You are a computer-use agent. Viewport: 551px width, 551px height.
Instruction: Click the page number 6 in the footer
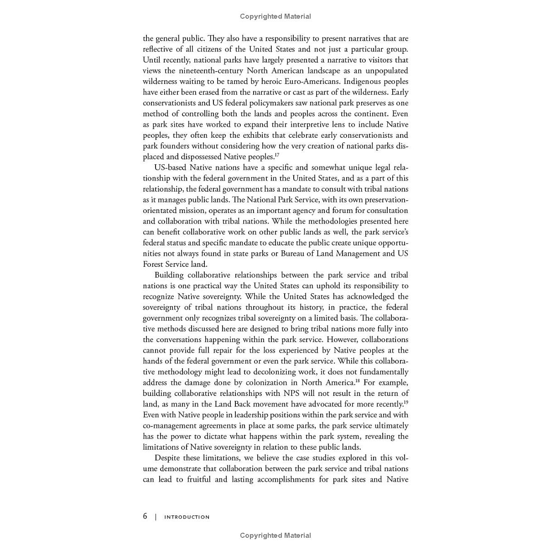(x=145, y=516)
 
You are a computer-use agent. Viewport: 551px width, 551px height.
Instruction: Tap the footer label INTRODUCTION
(x=187, y=517)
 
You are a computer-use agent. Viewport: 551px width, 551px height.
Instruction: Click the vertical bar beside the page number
(x=156, y=517)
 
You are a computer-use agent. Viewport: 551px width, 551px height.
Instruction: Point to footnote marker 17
(x=276, y=155)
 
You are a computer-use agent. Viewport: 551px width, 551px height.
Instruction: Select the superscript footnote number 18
(x=358, y=380)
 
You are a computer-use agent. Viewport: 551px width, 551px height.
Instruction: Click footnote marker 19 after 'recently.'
(x=406, y=402)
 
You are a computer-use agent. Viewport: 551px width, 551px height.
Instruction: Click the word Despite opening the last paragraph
(x=167, y=458)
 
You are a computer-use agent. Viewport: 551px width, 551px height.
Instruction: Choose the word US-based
(x=170, y=167)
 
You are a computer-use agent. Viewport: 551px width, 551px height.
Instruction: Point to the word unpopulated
(x=385, y=71)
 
